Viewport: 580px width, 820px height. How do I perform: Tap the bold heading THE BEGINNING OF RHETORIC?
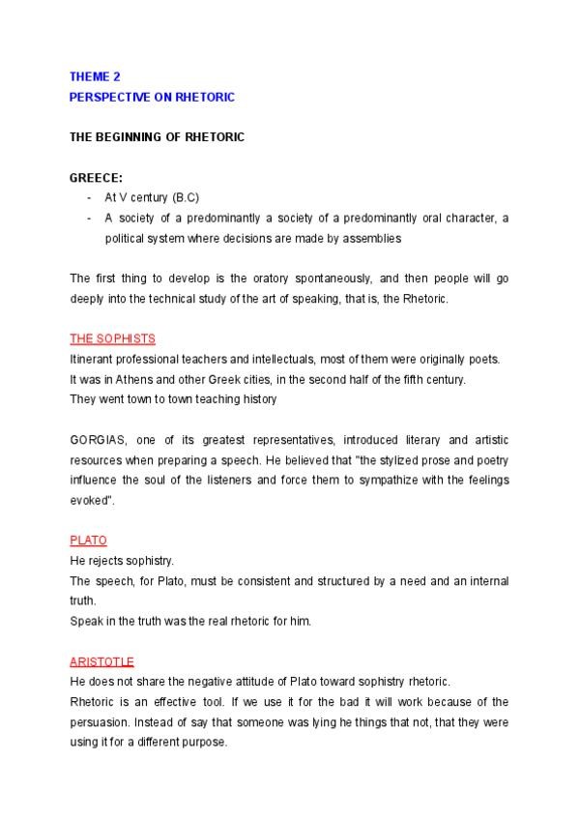pos(157,137)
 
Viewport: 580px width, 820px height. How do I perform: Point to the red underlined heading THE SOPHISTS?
pos(113,338)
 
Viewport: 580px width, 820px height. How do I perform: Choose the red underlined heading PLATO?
pos(88,540)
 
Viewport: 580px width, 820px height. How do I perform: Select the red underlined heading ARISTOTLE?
pos(101,661)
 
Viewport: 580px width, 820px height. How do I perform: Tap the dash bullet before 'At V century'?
pos(89,197)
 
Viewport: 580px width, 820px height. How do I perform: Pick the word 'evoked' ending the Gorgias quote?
pos(90,499)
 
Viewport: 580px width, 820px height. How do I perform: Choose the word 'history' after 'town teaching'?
pos(255,398)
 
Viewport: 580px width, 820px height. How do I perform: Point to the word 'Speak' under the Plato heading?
pos(84,621)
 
